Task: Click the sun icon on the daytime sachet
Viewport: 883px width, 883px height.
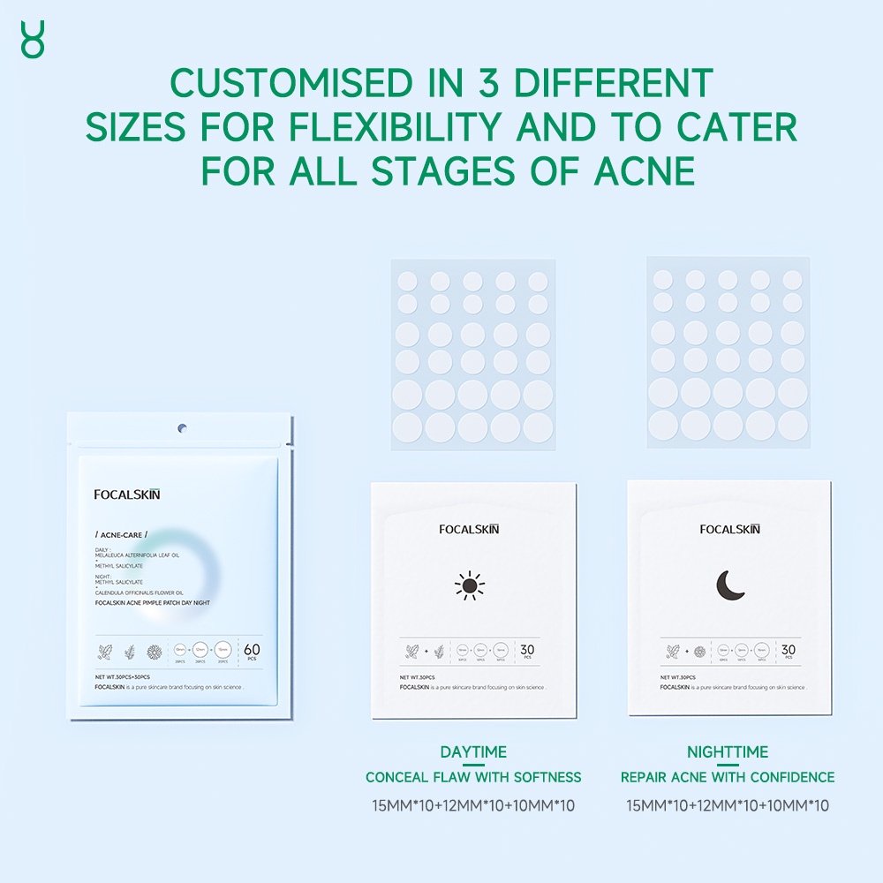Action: point(470,585)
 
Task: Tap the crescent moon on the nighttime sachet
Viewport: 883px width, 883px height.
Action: point(730,585)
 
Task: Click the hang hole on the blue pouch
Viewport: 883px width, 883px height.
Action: point(182,429)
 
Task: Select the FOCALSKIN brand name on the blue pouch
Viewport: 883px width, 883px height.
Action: point(127,494)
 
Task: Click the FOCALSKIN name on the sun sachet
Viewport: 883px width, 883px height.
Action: point(469,529)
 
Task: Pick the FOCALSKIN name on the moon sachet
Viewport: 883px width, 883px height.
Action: point(729,529)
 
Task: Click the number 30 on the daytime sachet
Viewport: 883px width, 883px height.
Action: point(527,649)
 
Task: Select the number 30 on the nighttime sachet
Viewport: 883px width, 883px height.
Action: point(788,649)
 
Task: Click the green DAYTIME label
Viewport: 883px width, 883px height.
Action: point(473,752)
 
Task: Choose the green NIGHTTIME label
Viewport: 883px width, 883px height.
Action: point(728,752)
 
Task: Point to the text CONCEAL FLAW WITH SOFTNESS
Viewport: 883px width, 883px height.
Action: point(473,778)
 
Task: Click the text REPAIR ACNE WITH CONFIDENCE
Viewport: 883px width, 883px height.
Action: point(728,778)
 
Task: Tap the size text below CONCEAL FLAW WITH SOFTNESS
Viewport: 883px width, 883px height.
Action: point(473,805)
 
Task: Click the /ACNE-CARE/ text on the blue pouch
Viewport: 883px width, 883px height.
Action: point(121,535)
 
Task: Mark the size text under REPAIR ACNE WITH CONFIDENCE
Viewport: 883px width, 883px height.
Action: point(728,805)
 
